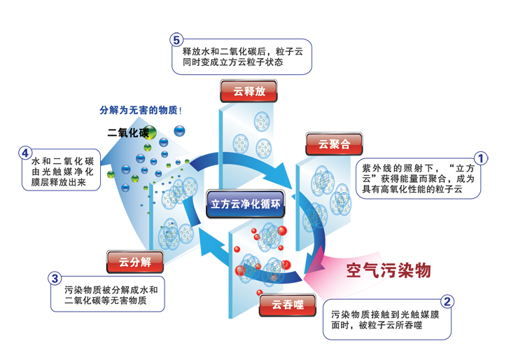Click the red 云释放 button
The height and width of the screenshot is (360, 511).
[248, 91]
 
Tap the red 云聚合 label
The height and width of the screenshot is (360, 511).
[334, 144]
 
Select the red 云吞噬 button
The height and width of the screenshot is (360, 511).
[288, 305]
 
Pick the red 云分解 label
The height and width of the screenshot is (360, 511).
[135, 262]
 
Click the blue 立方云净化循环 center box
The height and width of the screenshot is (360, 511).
[246, 204]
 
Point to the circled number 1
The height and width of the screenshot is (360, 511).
[480, 159]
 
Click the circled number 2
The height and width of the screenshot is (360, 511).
[447, 301]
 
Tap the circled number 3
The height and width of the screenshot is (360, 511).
[55, 279]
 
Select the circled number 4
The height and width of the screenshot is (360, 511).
[25, 153]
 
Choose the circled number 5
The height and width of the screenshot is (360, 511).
[176, 40]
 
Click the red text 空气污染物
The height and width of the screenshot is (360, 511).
[388, 270]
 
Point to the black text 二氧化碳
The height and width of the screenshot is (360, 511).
[128, 132]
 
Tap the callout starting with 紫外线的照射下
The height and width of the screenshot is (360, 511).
[418, 179]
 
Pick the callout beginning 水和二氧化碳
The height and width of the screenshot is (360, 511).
[62, 172]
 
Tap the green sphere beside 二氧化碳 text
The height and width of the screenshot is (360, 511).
[150, 132]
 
